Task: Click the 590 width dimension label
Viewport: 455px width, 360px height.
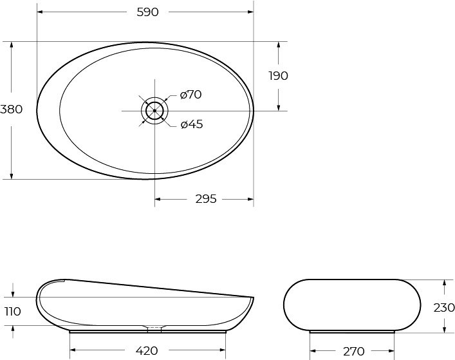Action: coord(147,12)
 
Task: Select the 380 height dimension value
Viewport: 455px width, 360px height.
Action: coord(11,109)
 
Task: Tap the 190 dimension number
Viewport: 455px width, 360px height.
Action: coord(278,76)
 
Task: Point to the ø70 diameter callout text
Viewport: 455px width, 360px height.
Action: coord(190,95)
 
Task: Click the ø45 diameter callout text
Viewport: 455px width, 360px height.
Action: coord(192,124)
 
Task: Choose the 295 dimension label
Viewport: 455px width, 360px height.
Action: coord(206,199)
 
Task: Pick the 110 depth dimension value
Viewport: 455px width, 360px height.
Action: coord(13,312)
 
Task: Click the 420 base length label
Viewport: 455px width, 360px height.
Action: coord(147,351)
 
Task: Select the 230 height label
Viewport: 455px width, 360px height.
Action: coord(443,308)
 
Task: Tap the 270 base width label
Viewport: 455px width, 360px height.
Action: coord(354,351)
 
